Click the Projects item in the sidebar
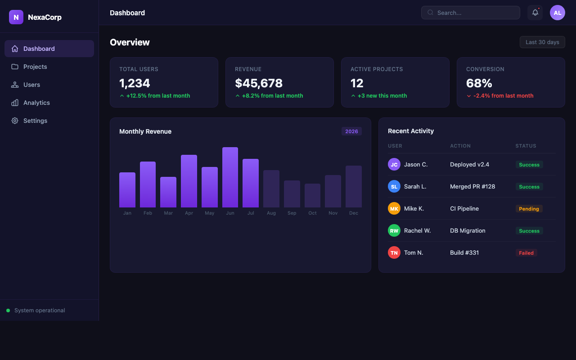point(49,67)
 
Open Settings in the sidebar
point(49,121)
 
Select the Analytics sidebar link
point(49,103)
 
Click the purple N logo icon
point(16,17)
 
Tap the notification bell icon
point(535,12)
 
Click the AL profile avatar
point(558,13)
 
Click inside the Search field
point(471,13)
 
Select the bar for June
point(230,177)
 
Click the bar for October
point(312,195)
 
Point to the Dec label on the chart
point(354,213)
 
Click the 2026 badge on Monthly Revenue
point(351,131)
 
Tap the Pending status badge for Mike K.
point(529,209)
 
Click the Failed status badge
point(526,253)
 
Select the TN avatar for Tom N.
point(394,253)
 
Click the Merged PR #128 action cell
point(472,186)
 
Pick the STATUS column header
point(526,146)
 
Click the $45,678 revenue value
point(259,83)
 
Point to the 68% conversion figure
point(479,83)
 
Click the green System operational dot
point(8,310)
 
